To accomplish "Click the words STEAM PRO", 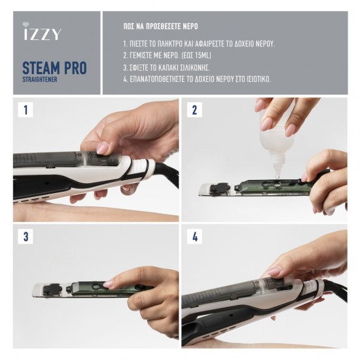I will click(x=54, y=67).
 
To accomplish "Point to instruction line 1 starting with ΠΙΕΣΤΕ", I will click(x=198, y=45).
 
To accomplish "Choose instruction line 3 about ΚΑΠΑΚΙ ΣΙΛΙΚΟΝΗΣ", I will click(x=177, y=67).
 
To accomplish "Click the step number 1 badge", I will click(x=26, y=110).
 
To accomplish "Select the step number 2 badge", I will click(x=194, y=110).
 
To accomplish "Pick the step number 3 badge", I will click(x=26, y=237).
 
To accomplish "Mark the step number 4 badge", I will click(x=194, y=237).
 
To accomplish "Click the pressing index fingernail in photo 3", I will click(x=108, y=283).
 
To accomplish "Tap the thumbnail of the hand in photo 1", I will click(x=103, y=149).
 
